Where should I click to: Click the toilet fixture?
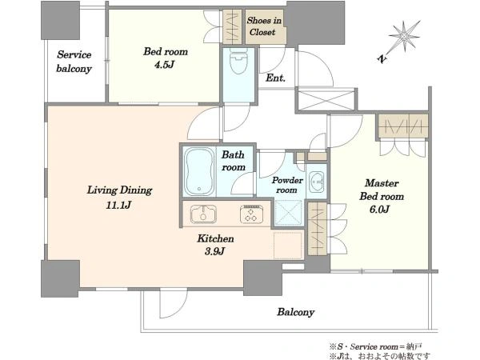(238, 61)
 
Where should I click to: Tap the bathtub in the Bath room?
(199, 171)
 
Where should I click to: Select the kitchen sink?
(203, 214)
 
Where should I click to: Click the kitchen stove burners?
(251, 214)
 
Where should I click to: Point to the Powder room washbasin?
(317, 182)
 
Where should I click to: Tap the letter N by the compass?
(382, 58)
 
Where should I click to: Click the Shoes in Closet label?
(264, 26)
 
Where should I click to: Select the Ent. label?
(275, 78)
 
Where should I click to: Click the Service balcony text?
(74, 62)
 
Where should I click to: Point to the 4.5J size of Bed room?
(165, 66)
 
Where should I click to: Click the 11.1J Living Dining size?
(118, 205)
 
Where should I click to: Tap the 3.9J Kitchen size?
(214, 252)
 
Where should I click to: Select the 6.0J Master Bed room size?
(379, 210)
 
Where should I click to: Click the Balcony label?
(296, 312)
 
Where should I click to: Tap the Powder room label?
(287, 185)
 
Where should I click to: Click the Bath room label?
(234, 161)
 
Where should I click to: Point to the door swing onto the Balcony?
(173, 304)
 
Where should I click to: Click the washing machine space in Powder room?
(288, 213)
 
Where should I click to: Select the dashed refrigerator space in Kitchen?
(288, 246)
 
